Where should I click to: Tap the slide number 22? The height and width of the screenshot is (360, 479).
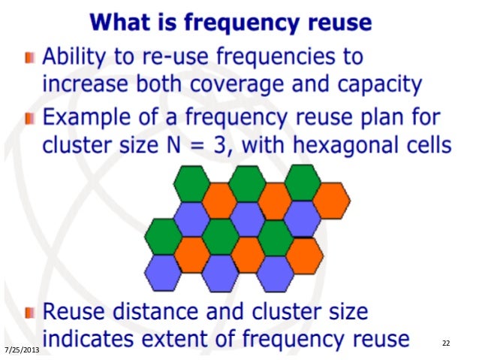[x=446, y=343]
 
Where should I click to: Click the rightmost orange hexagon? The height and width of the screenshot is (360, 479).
[x=330, y=199]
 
